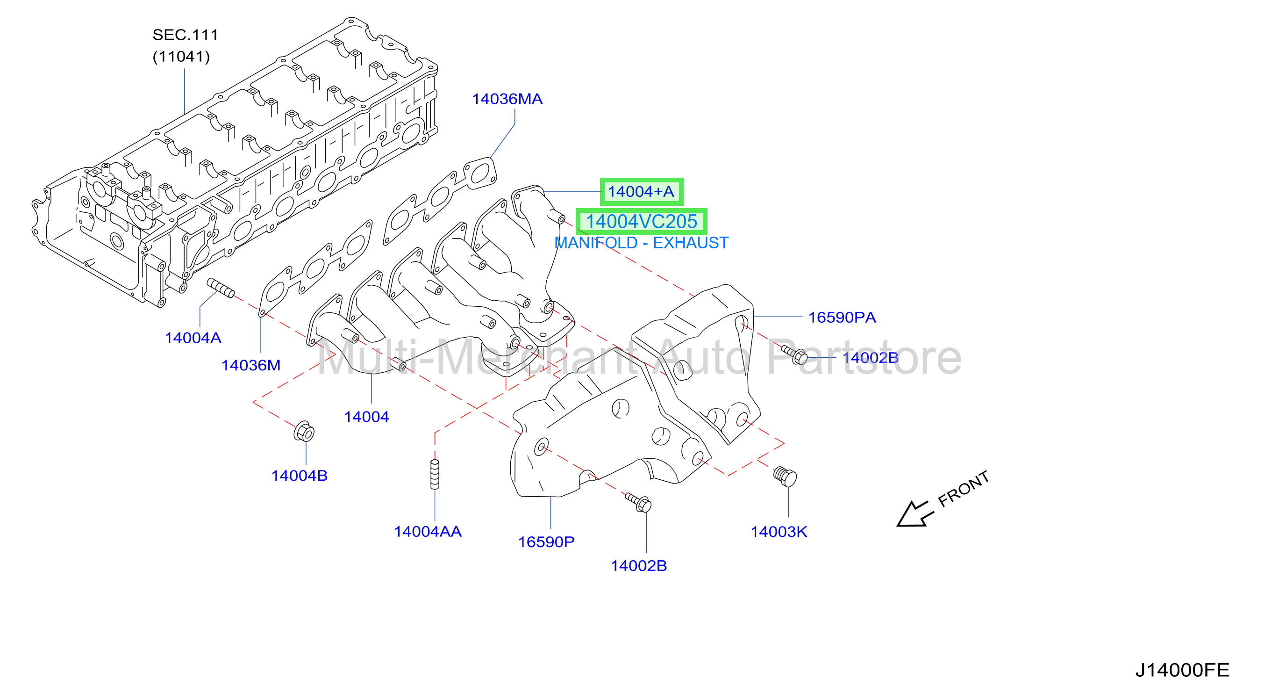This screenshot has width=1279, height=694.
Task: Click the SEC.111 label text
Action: [x=185, y=35]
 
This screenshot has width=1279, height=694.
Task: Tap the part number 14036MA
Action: [x=507, y=99]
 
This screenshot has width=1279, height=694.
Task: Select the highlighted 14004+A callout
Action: [x=641, y=192]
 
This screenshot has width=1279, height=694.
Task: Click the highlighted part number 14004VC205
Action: [x=642, y=222]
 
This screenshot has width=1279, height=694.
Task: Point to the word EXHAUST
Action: [x=691, y=243]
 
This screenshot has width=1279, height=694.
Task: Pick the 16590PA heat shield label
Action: [x=842, y=318]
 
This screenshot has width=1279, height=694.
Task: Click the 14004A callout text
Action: [x=193, y=338]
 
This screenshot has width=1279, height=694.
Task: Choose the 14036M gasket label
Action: [x=251, y=366]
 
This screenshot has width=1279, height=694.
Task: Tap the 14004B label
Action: [x=300, y=476]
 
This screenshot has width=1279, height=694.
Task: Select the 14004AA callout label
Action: [x=428, y=532]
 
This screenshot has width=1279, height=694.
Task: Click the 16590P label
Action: [x=546, y=542]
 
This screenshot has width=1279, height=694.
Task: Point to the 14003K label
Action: [x=779, y=532]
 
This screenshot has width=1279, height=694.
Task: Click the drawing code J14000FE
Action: [x=1182, y=670]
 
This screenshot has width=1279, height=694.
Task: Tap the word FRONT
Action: [x=963, y=489]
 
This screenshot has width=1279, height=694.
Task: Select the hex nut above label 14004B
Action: [x=304, y=432]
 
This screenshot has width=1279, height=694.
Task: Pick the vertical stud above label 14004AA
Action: [x=435, y=474]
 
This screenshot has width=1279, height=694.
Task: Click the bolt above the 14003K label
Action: [x=785, y=477]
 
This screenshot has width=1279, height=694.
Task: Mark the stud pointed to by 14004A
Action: [x=221, y=288]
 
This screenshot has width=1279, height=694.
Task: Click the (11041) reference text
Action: [x=181, y=57]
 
